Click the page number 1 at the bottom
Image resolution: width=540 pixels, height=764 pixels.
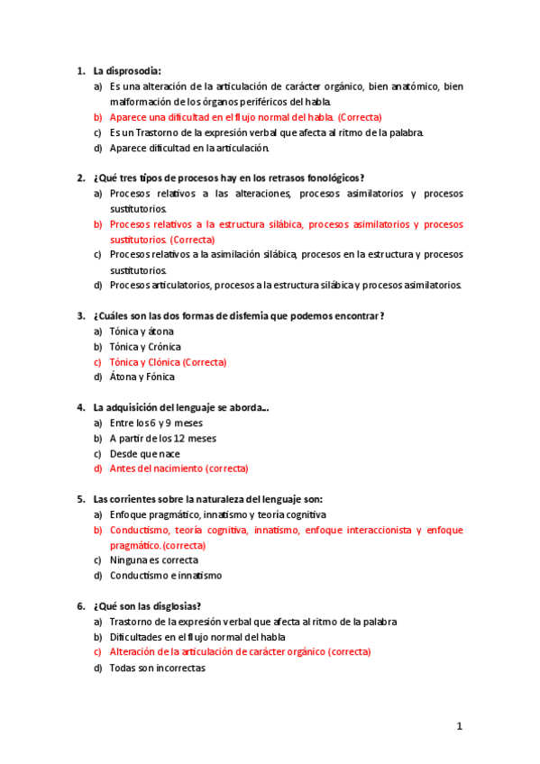[x=459, y=726]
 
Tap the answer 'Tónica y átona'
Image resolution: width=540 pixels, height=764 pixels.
[x=142, y=332]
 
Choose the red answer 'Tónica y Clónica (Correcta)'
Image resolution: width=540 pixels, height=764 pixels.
[x=168, y=362]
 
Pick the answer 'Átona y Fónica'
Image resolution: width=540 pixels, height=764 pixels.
[x=142, y=377]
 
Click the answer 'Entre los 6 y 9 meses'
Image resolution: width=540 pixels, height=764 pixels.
[x=156, y=423]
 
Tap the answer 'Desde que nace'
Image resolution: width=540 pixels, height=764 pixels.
[x=144, y=454]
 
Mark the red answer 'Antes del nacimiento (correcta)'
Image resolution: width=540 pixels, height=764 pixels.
[x=178, y=468]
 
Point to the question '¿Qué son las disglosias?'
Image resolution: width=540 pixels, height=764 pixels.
[x=147, y=606]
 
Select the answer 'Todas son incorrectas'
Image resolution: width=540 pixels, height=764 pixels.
[x=157, y=668]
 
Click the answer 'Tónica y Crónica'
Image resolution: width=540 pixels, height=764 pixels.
[x=145, y=347]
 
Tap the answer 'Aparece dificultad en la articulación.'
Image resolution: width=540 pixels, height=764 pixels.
[x=189, y=148]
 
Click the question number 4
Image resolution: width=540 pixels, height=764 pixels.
[x=80, y=408]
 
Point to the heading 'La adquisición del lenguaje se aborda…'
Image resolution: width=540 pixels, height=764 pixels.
[x=180, y=408]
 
